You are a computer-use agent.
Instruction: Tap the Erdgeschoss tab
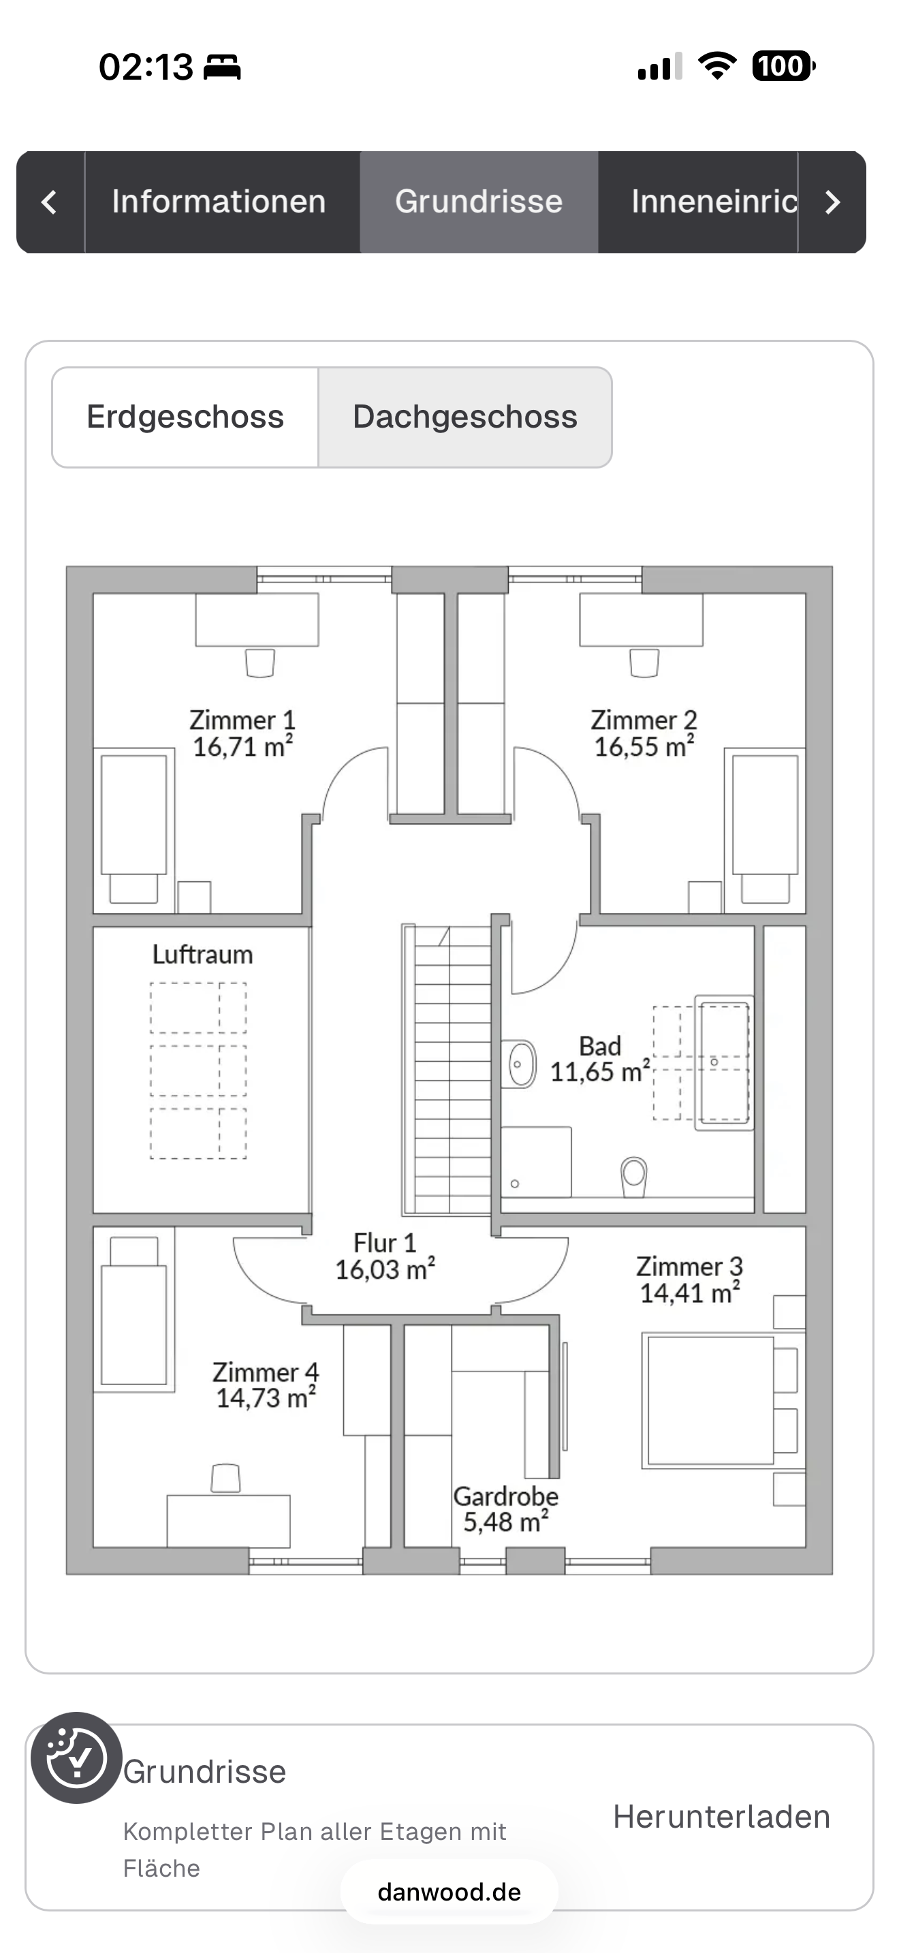185,417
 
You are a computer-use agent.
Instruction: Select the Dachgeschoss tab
464,417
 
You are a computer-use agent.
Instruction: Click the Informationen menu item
219,202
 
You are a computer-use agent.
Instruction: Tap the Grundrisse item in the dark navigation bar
479,202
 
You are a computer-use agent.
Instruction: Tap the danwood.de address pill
449,1892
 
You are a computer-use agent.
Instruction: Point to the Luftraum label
202,955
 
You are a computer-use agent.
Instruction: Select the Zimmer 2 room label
644,720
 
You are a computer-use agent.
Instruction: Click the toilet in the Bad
633,1176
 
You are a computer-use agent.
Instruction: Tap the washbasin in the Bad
520,1063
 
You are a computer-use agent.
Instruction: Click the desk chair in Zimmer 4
225,1478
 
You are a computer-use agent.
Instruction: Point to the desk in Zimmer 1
257,620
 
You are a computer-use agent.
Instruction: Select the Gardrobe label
505,1496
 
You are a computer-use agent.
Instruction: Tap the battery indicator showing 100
783,66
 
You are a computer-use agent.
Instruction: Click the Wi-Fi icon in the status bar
717,66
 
